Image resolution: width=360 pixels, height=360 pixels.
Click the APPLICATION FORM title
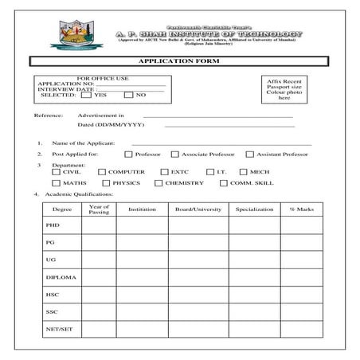tap(179, 61)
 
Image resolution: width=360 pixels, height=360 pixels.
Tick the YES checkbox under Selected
tap(85, 95)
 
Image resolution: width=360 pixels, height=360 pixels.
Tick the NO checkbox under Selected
tap(129, 95)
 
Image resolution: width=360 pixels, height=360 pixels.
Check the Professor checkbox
tap(129, 154)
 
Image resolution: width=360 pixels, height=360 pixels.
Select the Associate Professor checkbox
tap(176, 154)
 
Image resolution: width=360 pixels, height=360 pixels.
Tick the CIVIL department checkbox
tap(56, 171)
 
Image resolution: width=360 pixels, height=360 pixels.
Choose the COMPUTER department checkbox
tap(102, 171)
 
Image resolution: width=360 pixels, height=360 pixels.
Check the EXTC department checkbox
tap(164, 171)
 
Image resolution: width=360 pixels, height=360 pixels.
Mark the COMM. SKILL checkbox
tap(224, 183)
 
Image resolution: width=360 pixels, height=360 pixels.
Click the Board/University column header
tap(198, 209)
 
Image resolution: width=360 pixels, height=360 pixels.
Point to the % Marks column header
tap(303, 209)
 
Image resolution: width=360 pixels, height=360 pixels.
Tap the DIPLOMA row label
tap(57, 278)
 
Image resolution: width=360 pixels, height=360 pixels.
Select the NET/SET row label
tap(57, 330)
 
